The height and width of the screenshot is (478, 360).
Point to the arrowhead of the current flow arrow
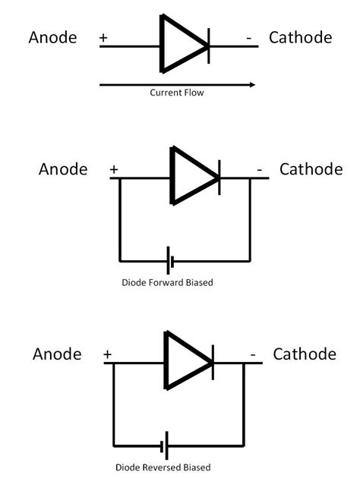253,84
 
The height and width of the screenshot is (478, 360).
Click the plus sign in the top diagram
103,36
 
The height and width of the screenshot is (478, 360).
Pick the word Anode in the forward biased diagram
63,168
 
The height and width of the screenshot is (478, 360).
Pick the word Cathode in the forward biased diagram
311,168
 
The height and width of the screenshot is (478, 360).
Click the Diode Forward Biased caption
168,283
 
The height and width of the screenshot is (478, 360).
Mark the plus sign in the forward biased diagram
114,170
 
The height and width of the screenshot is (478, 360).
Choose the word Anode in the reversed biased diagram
58,354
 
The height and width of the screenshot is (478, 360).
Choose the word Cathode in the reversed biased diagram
305,354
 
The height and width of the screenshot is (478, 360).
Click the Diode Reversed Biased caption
163,467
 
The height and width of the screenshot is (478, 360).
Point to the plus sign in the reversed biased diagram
107,354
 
